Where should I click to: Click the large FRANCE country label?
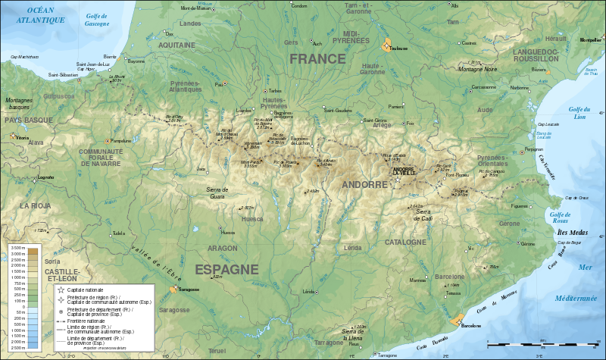point(317,59)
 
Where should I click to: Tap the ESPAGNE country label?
point(226,269)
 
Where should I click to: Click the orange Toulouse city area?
point(388,45)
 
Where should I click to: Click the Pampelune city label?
point(120,141)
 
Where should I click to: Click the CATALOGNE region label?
point(405,243)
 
